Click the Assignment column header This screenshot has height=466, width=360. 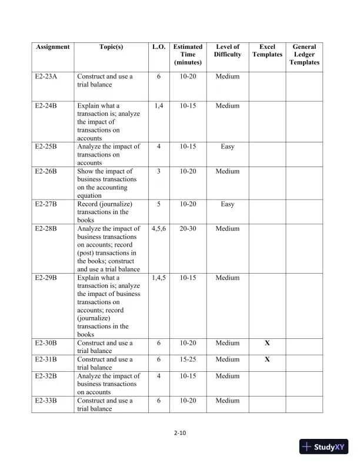pos(52,47)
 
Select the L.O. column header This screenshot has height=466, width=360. pos(158,47)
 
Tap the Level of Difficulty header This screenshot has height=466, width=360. pos(228,51)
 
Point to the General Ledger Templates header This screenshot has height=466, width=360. pos(304,54)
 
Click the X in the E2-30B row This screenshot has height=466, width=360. pos(267,343)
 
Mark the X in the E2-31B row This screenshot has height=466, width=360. pos(267,360)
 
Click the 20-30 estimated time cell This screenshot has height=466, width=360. pos(188,228)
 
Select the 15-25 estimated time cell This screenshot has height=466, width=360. pos(188,360)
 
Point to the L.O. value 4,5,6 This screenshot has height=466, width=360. pos(158,228)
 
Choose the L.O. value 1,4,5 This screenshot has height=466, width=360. pos(158,278)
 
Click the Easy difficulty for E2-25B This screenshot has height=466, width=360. pos(228,147)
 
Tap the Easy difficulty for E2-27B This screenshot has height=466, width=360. pos(228,204)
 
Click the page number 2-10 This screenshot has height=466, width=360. pos(180,434)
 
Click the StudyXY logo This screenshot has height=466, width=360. pos(324,447)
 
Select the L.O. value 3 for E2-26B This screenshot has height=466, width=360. pos(158,171)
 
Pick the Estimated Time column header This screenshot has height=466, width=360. pos(188,54)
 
